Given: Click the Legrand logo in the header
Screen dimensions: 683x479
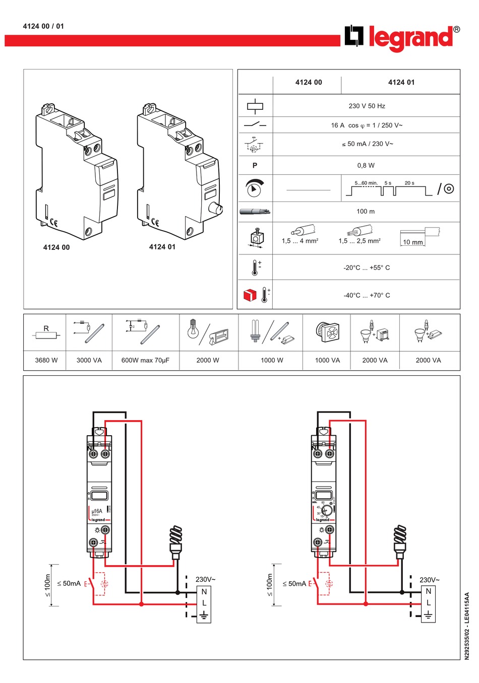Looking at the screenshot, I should click(402, 38).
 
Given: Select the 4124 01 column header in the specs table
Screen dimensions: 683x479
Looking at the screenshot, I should click(401, 83).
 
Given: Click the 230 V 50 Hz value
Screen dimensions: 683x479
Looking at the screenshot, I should click(367, 106).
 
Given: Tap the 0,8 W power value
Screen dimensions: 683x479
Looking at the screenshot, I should click(366, 165).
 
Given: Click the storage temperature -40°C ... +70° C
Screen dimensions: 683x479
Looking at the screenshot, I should click(367, 295).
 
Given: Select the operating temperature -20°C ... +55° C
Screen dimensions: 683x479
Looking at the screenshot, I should click(367, 268).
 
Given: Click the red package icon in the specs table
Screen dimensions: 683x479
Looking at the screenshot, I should click(250, 295).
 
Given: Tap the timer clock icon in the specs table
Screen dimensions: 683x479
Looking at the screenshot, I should click(255, 188).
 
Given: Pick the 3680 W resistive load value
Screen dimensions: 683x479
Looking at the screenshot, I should click(46, 360).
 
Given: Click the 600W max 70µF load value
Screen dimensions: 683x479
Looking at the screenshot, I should click(145, 360).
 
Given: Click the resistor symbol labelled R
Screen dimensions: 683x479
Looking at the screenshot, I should click(46, 335).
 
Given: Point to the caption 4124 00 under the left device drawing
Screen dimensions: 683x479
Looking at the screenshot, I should click(56, 247).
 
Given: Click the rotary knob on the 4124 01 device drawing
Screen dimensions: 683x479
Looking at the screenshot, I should click(215, 208).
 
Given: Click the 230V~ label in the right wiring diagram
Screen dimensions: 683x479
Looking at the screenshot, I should click(430, 580).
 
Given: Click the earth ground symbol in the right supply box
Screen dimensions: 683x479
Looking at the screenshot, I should click(428, 614).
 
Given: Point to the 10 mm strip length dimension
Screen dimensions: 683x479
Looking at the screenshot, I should click(413, 242).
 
